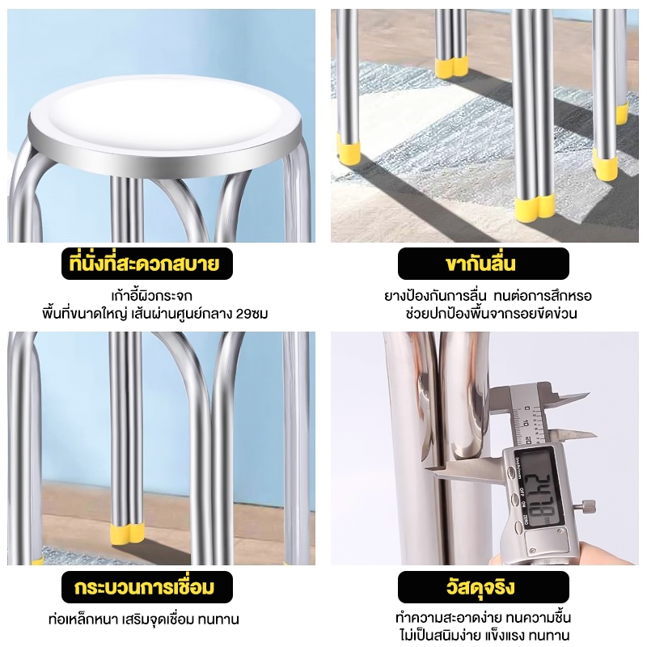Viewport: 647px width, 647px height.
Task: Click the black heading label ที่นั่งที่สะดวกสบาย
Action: (147, 264)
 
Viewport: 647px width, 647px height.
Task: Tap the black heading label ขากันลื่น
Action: (483, 264)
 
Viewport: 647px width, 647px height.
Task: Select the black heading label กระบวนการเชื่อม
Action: (147, 587)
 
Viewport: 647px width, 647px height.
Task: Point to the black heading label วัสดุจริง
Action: (483, 587)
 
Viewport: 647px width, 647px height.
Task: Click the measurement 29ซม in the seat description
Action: (252, 314)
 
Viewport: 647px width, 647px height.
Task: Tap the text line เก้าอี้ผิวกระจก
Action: (152, 296)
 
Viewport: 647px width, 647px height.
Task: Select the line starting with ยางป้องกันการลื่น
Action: (488, 296)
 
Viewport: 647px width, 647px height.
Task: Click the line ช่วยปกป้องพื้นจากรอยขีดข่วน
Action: (492, 314)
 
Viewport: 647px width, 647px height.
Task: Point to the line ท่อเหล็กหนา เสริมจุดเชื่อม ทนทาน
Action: (144, 620)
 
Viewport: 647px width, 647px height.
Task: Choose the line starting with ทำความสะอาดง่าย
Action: (483, 618)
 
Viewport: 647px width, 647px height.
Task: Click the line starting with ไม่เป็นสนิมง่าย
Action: (484, 636)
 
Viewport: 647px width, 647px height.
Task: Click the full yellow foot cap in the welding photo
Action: (127, 533)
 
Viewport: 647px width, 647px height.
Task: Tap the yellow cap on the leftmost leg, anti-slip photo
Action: (349, 150)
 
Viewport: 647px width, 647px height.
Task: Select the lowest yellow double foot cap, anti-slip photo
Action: (535, 207)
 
